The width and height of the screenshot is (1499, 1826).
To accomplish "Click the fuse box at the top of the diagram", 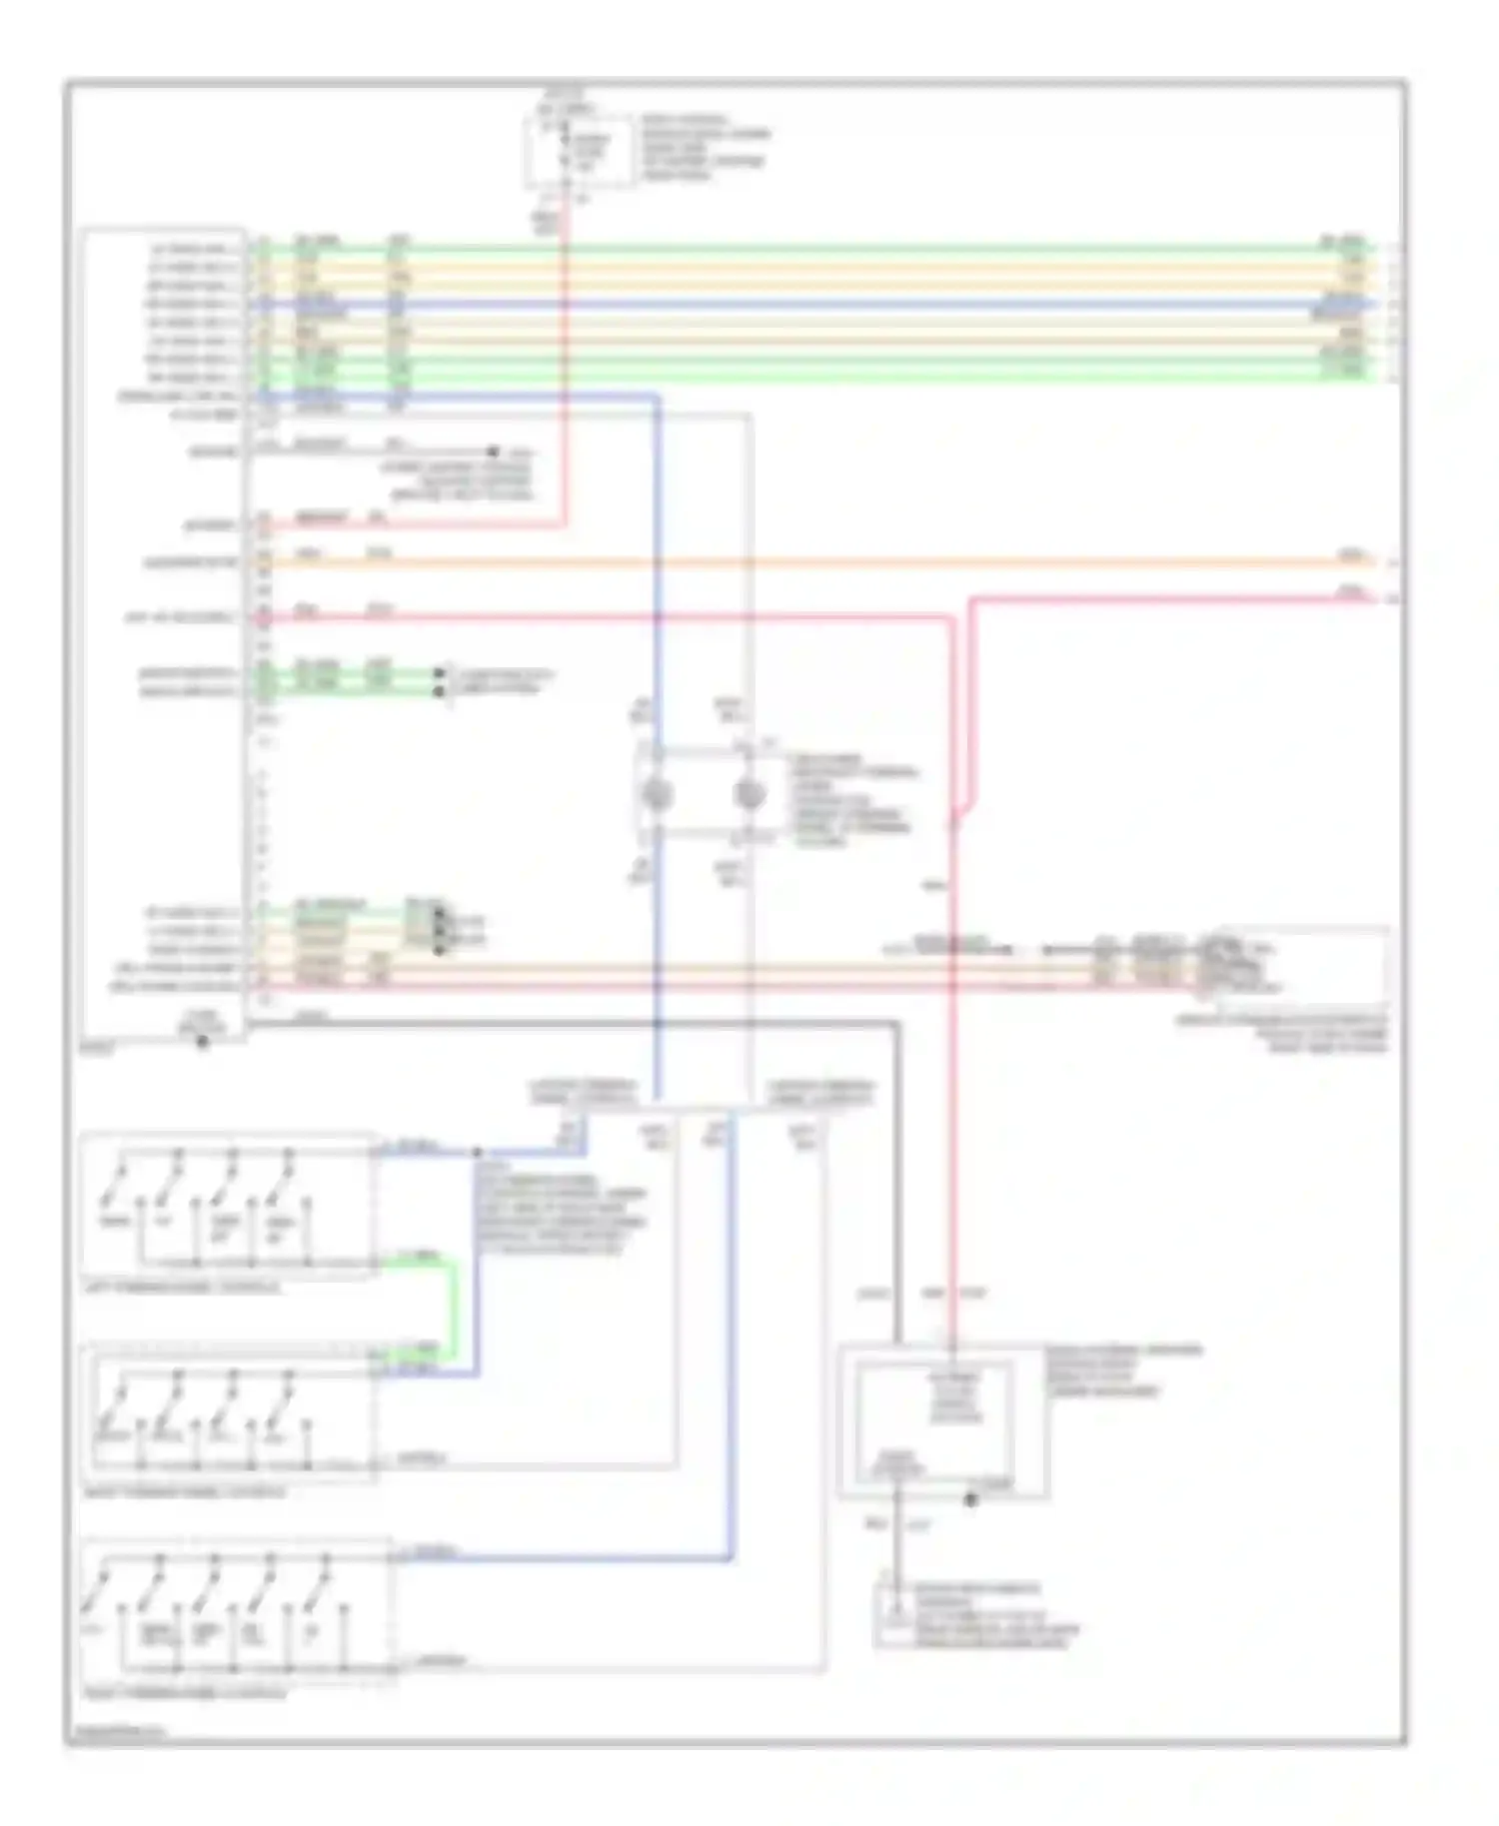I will [x=579, y=151].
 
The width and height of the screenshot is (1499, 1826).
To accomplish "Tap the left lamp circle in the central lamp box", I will [x=658, y=796].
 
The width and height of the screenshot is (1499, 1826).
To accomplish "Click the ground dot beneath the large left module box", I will [x=203, y=1042].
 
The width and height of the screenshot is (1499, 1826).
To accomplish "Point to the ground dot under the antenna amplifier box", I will [x=969, y=1499].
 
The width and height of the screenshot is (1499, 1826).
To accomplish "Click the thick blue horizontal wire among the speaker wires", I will [x=799, y=304].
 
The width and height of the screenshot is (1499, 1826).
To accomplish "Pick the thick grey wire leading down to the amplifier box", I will [x=896, y=1179].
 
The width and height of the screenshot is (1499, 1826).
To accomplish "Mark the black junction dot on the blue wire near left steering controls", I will [x=477, y=1152].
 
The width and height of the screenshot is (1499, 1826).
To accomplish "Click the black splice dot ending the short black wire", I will [x=493, y=452].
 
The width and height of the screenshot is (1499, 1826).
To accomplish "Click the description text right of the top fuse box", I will [x=705, y=147].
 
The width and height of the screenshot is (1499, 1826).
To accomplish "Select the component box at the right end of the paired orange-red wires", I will [x=1299, y=965].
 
